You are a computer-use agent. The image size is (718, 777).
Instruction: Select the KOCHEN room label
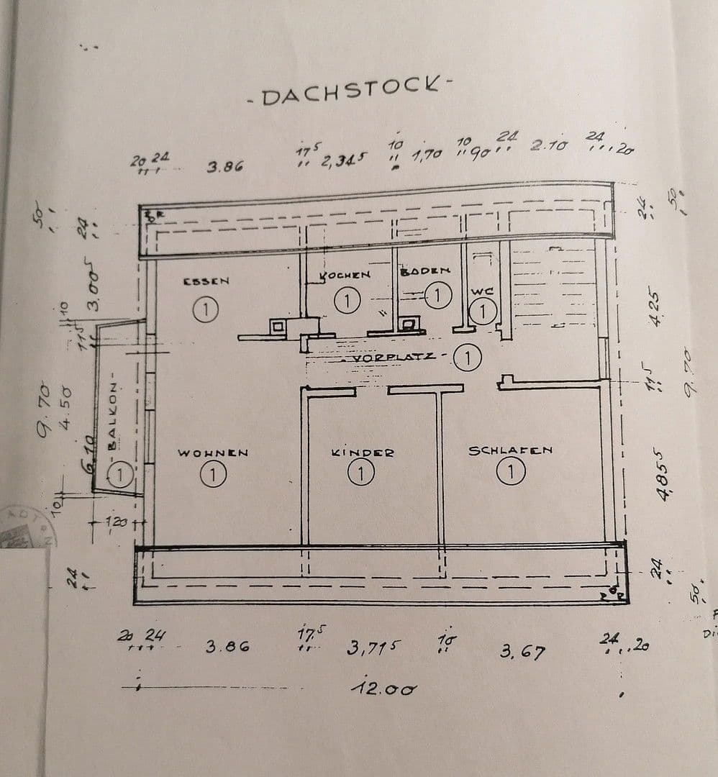[345, 275]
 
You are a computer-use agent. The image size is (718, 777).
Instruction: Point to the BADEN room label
[424, 271]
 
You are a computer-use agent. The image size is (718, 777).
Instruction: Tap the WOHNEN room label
[213, 453]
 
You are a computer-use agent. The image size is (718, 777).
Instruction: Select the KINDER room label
[363, 453]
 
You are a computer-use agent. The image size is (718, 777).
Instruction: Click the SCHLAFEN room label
[511, 450]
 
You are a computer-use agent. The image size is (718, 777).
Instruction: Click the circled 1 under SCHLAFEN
[511, 472]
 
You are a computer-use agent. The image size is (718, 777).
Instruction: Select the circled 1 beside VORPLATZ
[468, 358]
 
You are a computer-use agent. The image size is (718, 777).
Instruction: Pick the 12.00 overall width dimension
[383, 689]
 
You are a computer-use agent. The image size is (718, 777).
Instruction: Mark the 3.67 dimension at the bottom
[522, 652]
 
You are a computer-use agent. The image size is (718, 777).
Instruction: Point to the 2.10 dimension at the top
[547, 145]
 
